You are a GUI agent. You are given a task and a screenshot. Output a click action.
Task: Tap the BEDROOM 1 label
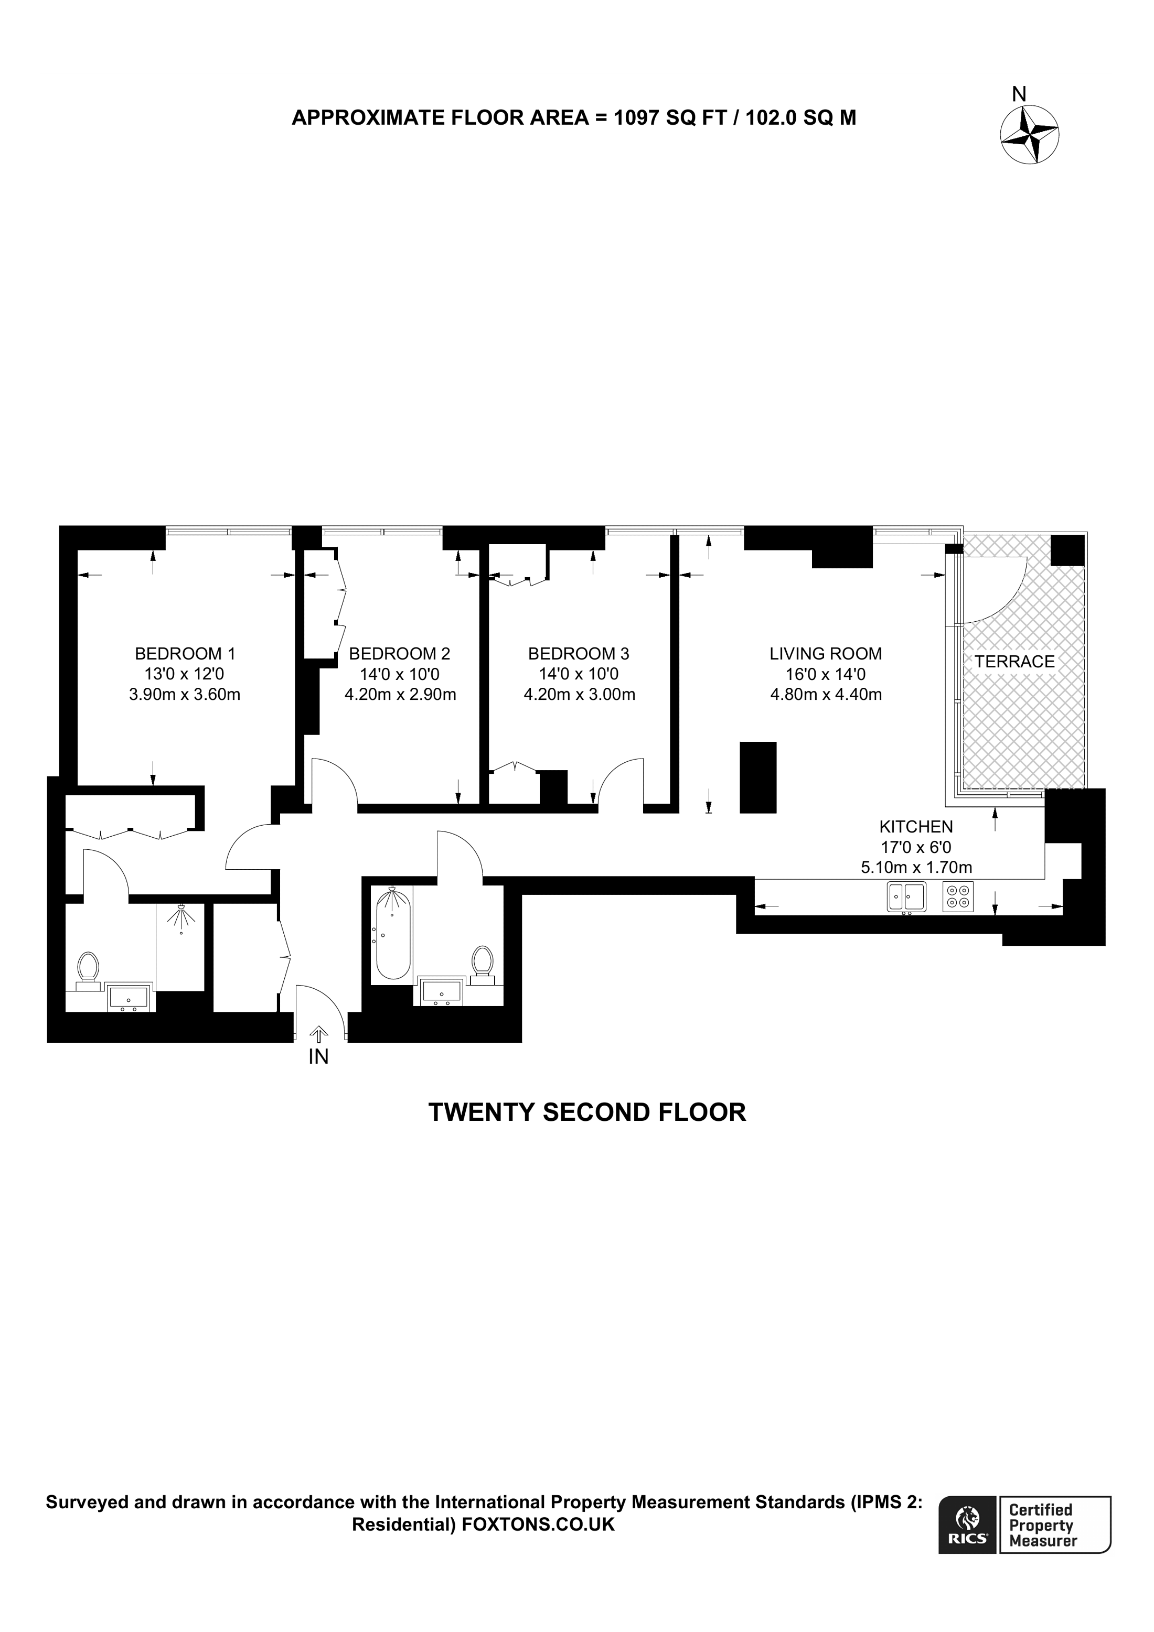pyautogui.click(x=185, y=653)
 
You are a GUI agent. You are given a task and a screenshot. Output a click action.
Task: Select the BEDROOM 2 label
pyautogui.click(x=400, y=653)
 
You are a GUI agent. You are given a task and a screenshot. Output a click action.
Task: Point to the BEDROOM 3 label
pyautogui.click(x=579, y=653)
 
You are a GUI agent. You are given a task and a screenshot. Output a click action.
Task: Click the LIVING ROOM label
pyautogui.click(x=826, y=653)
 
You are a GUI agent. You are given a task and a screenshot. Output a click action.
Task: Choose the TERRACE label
pyautogui.click(x=1014, y=662)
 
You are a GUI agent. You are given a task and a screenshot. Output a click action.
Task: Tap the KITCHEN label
pyautogui.click(x=916, y=827)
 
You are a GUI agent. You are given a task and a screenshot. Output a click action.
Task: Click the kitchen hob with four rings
pyautogui.click(x=958, y=896)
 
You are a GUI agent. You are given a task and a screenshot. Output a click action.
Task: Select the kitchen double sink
pyautogui.click(x=906, y=896)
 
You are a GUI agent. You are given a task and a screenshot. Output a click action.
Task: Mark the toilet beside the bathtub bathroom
pyautogui.click(x=483, y=963)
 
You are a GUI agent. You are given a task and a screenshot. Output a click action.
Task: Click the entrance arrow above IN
pyautogui.click(x=318, y=1034)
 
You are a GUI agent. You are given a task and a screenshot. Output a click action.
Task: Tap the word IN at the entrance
pyautogui.click(x=318, y=1057)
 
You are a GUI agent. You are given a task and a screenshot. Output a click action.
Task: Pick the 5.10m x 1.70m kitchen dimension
pyautogui.click(x=916, y=868)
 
